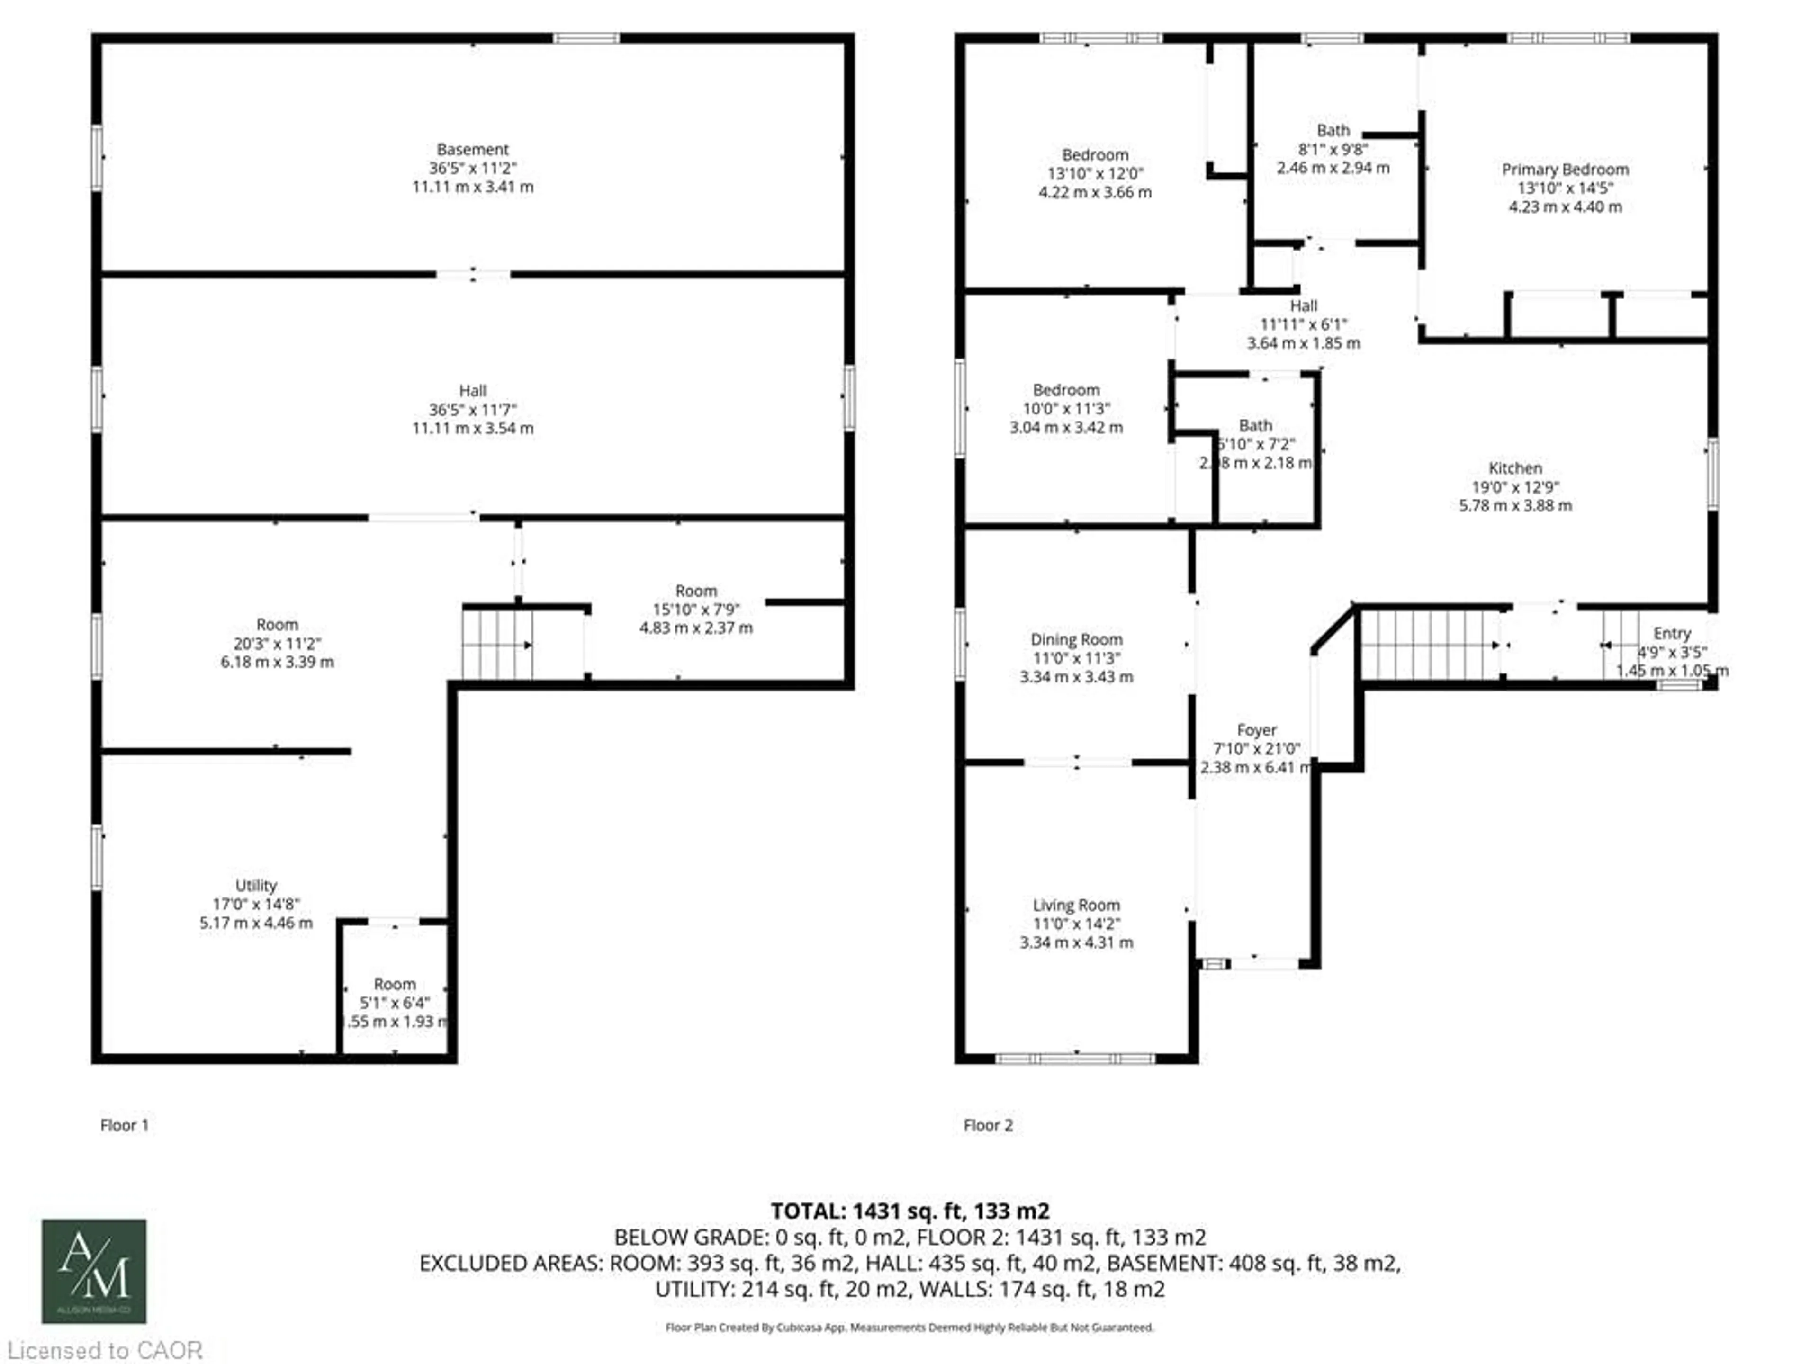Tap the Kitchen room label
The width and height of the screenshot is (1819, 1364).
(x=1515, y=468)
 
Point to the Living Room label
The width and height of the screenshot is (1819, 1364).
(x=1076, y=905)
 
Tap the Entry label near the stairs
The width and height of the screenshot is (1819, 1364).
(x=1671, y=633)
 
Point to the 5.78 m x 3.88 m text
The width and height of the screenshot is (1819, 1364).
(x=1515, y=506)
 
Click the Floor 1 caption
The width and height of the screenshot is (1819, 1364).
(x=124, y=1125)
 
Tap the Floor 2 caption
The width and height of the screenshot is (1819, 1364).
(x=988, y=1125)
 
